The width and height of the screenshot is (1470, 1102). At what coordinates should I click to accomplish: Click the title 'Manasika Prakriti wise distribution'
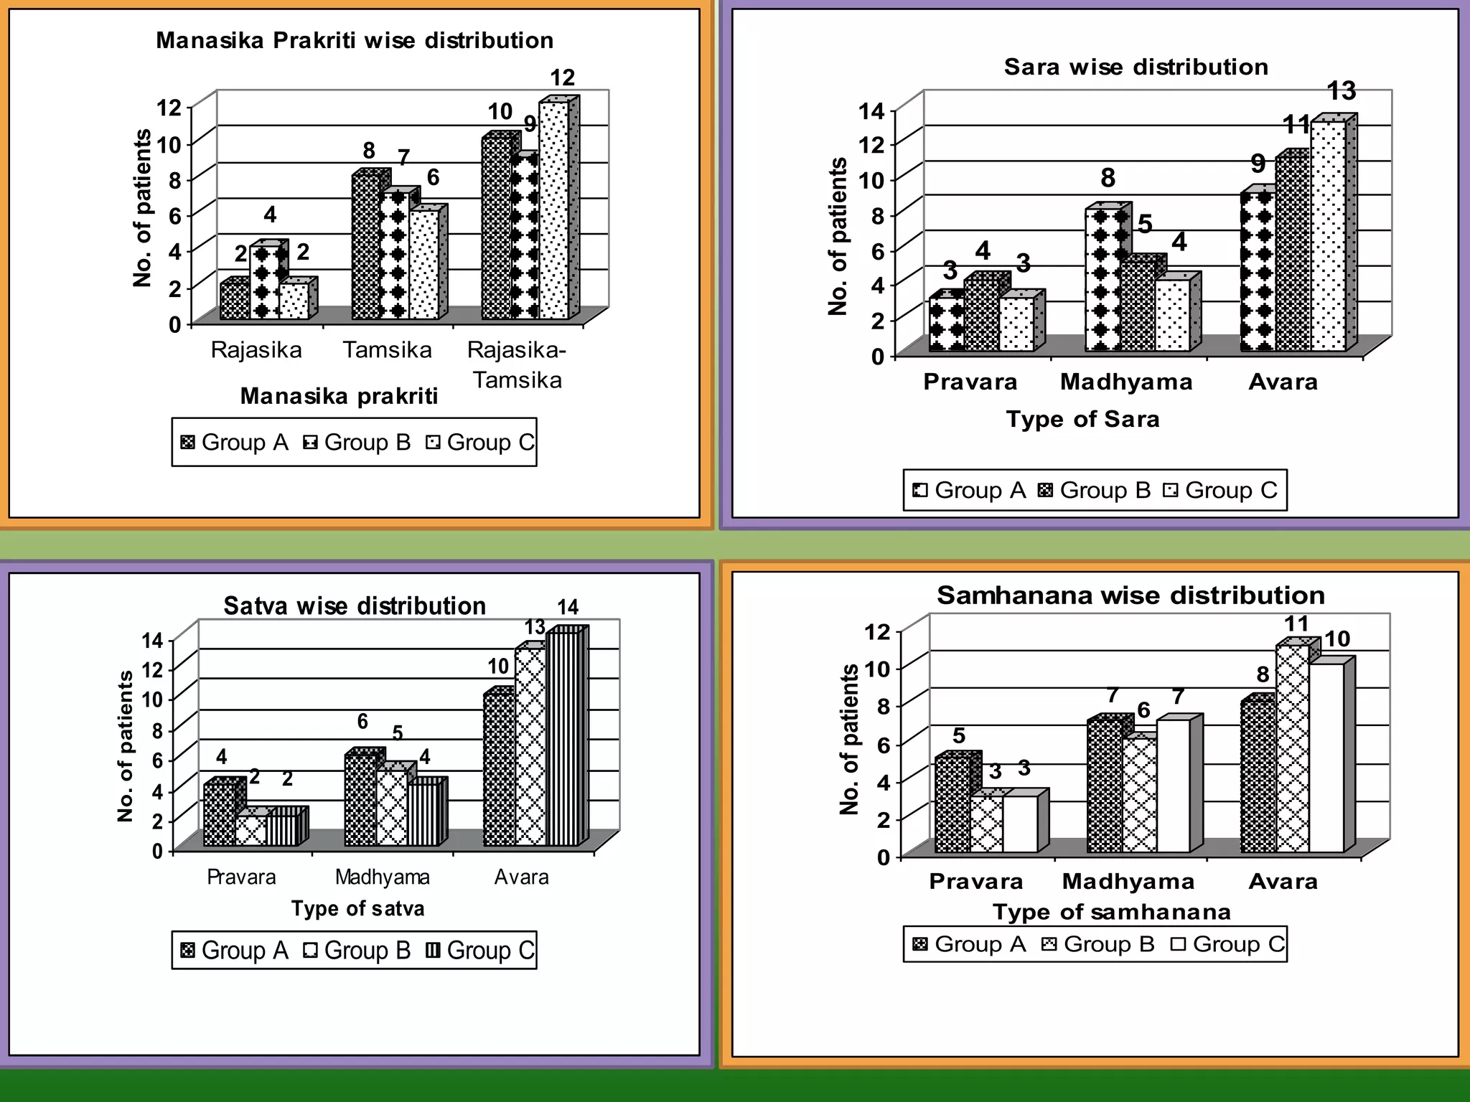[x=355, y=40]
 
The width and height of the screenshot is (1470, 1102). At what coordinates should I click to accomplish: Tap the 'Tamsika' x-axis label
[x=387, y=350]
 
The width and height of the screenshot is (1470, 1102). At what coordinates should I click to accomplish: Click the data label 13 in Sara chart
[x=1341, y=91]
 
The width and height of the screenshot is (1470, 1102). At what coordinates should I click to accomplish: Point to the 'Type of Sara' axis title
[x=1082, y=419]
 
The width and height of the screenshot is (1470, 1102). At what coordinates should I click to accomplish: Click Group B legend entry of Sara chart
[x=1094, y=490]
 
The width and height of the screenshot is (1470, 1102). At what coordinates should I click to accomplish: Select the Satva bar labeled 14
[x=562, y=739]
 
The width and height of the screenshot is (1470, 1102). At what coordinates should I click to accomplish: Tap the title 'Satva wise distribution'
[x=355, y=606]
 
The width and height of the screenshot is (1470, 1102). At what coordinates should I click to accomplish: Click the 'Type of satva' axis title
[x=357, y=909]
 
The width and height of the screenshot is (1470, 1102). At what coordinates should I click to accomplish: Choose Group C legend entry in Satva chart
[x=479, y=951]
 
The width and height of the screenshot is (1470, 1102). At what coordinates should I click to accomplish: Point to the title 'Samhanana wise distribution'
[x=1130, y=595]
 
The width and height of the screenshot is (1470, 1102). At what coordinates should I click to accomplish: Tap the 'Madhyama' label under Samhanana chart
[x=1128, y=881]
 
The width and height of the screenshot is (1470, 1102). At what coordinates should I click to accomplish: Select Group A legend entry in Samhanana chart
[x=969, y=944]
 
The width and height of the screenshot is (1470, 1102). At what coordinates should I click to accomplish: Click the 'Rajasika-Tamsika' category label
[x=517, y=364]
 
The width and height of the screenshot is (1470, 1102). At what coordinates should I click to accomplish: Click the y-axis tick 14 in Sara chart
[x=872, y=111]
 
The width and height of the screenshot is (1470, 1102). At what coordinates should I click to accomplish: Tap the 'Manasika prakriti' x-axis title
[x=339, y=396]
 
